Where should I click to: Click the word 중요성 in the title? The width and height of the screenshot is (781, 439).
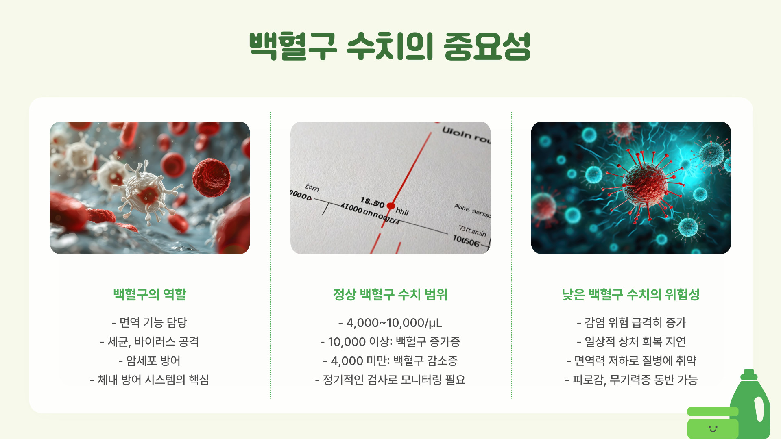tap(487, 46)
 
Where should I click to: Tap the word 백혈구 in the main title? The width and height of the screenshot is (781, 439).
tap(293, 46)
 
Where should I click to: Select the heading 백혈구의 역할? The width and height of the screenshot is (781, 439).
tap(150, 294)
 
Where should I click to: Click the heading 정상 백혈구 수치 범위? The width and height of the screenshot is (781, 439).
tap(390, 294)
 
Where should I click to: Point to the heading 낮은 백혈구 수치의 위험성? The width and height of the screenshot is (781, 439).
tap(631, 294)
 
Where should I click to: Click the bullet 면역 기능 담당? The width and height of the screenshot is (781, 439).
tap(150, 323)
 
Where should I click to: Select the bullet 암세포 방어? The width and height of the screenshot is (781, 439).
tap(150, 361)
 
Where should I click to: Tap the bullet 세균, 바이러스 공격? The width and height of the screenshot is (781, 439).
tap(150, 342)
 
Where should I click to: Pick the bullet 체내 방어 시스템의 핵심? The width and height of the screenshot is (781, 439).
tap(150, 380)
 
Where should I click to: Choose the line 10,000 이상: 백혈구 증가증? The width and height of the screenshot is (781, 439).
tap(390, 342)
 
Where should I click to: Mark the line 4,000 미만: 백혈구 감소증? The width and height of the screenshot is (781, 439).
tap(390, 361)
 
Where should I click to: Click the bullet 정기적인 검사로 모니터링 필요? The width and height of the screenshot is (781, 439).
tap(390, 380)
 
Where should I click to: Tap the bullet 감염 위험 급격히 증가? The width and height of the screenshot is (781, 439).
tap(631, 323)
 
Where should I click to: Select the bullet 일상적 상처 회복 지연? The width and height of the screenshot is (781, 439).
tap(631, 342)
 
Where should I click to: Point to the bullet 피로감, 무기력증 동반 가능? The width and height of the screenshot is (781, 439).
tap(631, 380)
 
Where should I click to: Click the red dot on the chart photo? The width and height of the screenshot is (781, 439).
tap(391, 206)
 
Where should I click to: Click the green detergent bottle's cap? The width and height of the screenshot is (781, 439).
tap(749, 374)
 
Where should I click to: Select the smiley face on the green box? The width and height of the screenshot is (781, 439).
tap(713, 428)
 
